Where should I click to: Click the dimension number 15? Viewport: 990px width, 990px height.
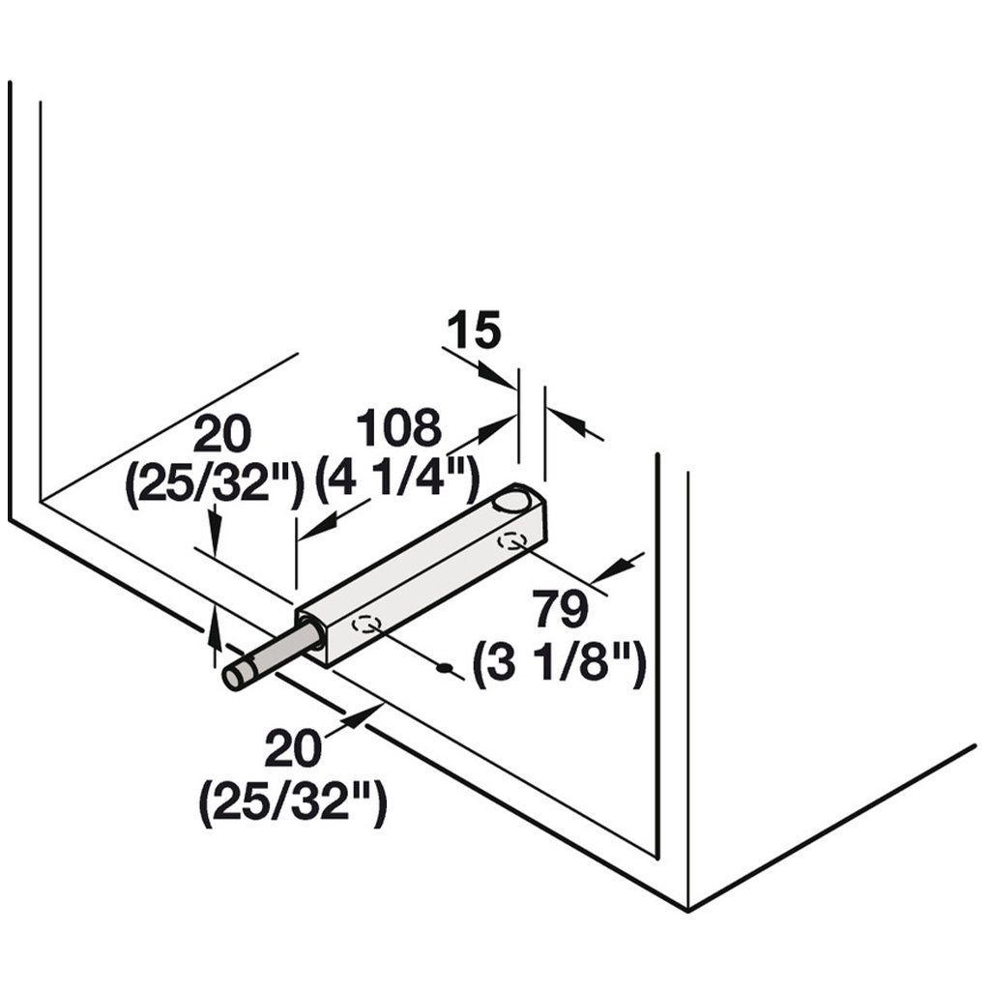point(474,332)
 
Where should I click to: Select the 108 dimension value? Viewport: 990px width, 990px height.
point(398,428)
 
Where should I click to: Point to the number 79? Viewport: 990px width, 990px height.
point(560,612)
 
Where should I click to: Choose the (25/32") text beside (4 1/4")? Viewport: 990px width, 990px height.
point(216,482)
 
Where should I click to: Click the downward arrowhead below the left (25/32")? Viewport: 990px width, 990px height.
point(215,525)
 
